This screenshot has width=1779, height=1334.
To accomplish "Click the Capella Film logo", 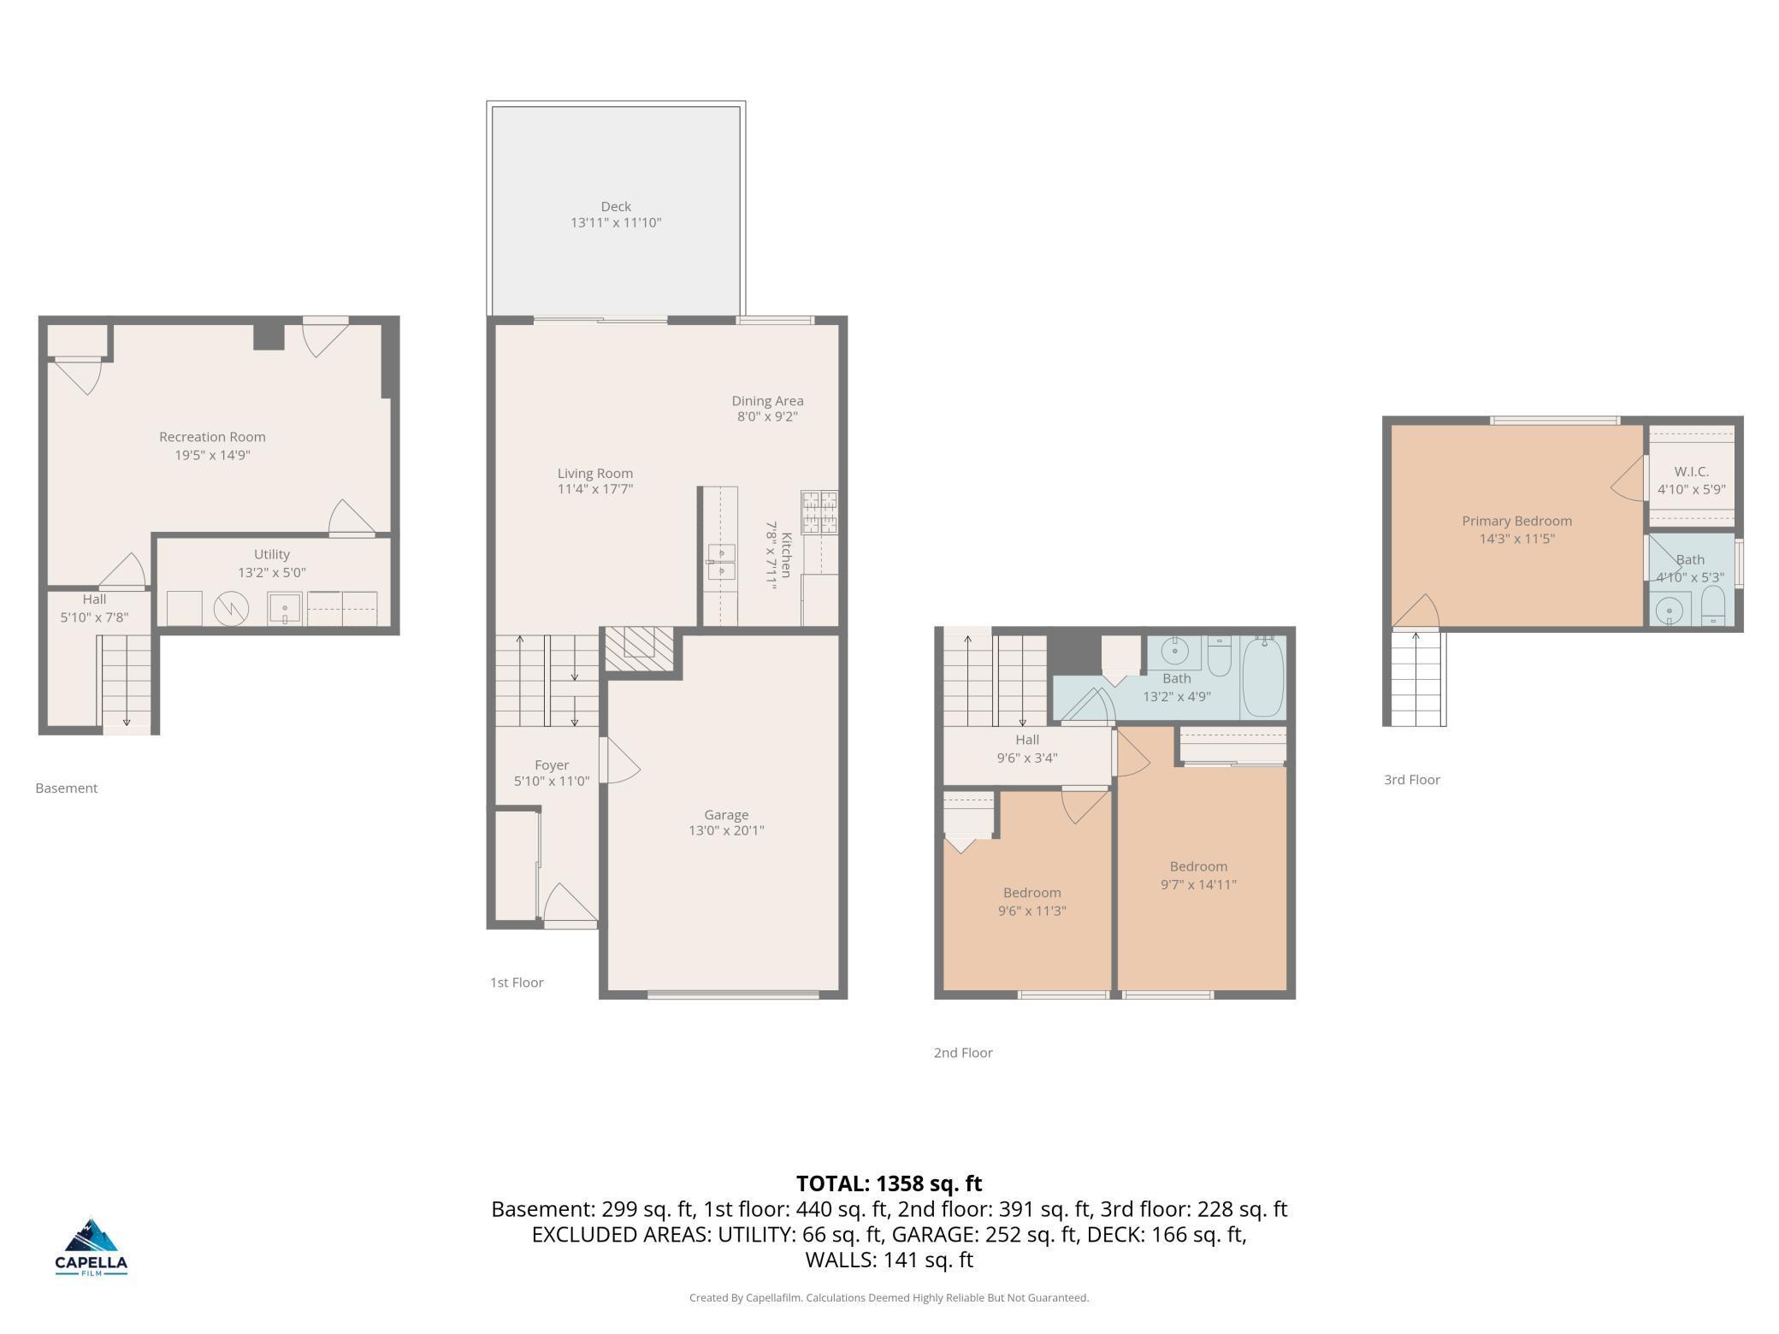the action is click(92, 1246).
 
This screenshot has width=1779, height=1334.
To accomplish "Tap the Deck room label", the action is click(616, 206).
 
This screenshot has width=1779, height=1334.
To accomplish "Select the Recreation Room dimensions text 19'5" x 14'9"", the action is click(212, 455).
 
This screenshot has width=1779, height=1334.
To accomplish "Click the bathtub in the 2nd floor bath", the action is click(1263, 676).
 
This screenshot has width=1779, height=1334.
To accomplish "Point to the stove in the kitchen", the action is click(819, 512).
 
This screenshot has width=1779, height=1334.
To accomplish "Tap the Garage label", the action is click(726, 815).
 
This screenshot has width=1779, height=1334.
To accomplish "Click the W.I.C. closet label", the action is click(1691, 471).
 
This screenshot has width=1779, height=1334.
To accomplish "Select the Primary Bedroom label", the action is click(1516, 521).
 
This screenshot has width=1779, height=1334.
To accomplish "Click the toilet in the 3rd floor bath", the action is click(1712, 605).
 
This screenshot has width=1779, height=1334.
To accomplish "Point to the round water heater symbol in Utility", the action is click(231, 609).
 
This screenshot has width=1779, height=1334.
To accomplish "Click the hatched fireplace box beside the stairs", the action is click(639, 649).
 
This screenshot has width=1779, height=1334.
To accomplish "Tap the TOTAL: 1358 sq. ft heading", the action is click(889, 1183).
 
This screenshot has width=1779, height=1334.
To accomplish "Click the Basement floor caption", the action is click(66, 788).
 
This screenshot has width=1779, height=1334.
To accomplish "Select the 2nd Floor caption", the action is click(963, 1053).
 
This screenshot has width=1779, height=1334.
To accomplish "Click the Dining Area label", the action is click(767, 400).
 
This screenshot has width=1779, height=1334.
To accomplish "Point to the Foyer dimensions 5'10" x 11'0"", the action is click(552, 781).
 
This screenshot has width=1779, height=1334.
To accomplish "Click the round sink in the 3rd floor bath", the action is click(1669, 611).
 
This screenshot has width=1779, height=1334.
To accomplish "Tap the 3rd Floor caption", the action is click(1412, 780).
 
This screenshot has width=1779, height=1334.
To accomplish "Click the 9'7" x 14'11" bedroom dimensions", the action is click(1198, 884).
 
